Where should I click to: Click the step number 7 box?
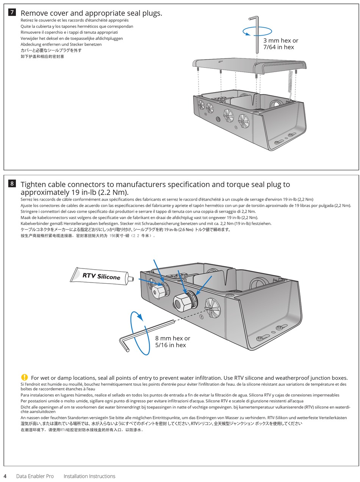pyautogui.click(x=12, y=12)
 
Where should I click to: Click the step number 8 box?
pyautogui.click(x=12, y=184)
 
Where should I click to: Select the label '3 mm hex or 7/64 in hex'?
pyautogui.click(x=280, y=44)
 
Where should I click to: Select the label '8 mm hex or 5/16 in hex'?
pyautogui.click(x=172, y=341)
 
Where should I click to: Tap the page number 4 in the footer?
pyautogui.click(x=5, y=476)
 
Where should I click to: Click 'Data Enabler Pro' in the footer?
pyautogui.click(x=35, y=476)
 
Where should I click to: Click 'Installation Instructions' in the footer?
pyautogui.click(x=89, y=476)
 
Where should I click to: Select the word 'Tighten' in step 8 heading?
pyautogui.click(x=34, y=185)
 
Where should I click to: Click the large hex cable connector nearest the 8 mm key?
pyautogui.click(x=183, y=301)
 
